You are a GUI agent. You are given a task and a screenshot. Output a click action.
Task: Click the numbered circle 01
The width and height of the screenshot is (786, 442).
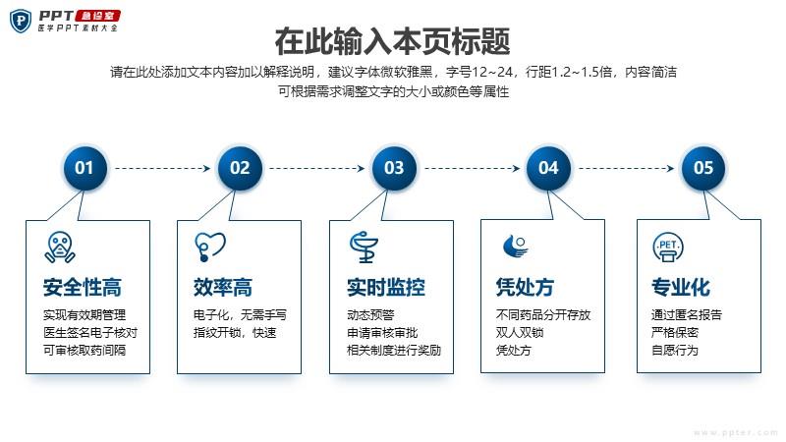(84, 168)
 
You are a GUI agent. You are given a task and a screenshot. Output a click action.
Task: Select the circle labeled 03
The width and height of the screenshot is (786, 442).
(394, 168)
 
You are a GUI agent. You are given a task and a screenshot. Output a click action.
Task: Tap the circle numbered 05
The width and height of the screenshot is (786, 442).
(702, 168)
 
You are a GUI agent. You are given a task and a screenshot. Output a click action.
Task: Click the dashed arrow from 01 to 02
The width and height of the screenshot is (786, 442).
(162, 168)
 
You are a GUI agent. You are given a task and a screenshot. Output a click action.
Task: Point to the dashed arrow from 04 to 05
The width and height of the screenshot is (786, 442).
(627, 168)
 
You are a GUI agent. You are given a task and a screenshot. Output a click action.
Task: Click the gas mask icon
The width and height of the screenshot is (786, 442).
(60, 248)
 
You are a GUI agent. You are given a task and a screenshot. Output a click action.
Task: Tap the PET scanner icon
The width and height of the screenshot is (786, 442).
(668, 248)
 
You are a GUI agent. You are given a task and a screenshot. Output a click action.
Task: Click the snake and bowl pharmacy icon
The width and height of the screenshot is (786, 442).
(365, 248)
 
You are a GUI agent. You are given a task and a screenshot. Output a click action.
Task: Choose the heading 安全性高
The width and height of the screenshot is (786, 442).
(83, 287)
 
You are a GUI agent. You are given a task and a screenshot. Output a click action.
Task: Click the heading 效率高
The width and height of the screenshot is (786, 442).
(223, 287)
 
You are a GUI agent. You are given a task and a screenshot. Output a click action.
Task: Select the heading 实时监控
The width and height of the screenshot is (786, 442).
(386, 287)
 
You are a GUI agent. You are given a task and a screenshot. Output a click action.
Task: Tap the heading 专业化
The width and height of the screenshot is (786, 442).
(681, 287)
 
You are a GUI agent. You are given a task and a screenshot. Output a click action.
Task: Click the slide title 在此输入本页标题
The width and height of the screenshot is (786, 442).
(392, 41)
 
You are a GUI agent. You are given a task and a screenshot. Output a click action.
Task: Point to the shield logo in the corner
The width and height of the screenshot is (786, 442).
(21, 21)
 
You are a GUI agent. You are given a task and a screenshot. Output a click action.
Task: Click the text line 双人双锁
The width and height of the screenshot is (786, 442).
(520, 332)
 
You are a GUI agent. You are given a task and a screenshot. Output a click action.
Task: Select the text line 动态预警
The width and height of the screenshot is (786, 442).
(371, 314)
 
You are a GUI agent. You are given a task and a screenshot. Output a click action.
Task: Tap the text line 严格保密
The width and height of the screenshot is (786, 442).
(675, 332)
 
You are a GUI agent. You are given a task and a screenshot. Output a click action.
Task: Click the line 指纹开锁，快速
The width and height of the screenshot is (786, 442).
(235, 332)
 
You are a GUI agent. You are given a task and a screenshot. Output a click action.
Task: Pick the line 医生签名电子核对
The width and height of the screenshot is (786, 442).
(90, 332)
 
